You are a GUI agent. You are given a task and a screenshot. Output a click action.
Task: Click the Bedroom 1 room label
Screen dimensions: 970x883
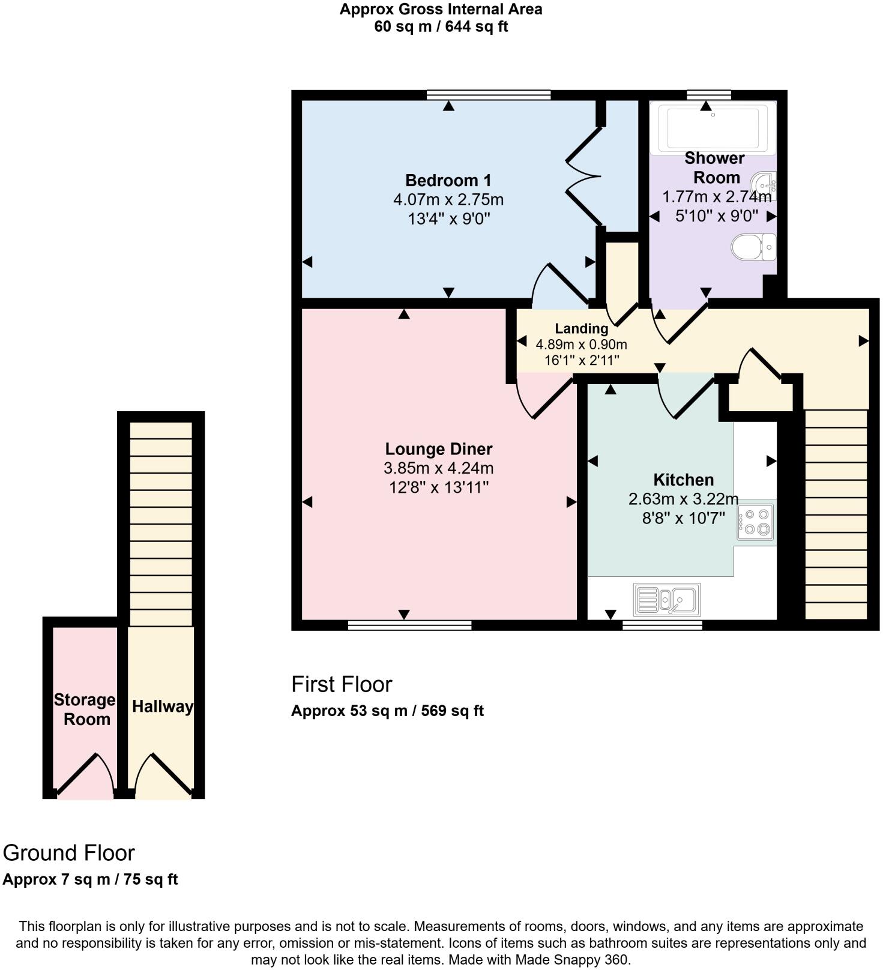point(448,180)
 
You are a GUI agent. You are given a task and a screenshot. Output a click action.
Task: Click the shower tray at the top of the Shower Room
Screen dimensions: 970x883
point(713,127)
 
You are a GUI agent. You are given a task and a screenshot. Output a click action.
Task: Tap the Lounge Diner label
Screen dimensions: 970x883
point(438,449)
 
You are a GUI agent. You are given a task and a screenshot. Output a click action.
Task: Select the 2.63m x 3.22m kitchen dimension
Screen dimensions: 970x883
point(683,499)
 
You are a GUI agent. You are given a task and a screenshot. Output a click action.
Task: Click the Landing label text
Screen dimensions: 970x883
point(581,328)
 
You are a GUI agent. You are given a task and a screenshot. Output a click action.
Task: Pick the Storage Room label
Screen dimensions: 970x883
point(85,709)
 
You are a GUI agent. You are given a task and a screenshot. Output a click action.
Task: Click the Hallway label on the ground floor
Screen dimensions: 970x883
point(163,706)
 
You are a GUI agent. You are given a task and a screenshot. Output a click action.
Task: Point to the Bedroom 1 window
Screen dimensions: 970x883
point(489,94)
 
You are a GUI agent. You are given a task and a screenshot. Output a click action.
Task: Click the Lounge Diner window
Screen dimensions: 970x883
point(409,625)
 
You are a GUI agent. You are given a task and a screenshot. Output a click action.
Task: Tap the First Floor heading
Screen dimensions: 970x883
point(342,684)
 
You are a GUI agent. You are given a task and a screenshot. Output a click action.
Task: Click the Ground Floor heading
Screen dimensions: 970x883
point(69,853)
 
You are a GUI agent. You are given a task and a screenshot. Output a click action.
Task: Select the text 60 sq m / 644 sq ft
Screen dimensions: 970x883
point(441,26)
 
